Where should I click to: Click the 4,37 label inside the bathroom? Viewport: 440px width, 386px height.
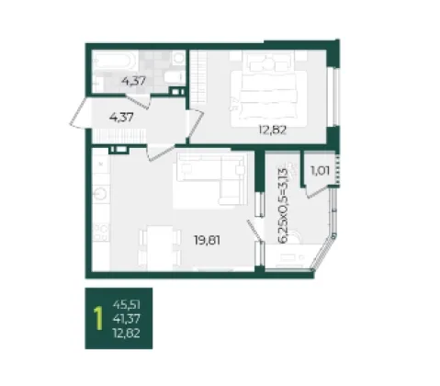pos(133,82)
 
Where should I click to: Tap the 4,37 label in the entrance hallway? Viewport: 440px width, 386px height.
pos(121,117)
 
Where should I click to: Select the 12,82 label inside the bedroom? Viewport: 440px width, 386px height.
pos(273,131)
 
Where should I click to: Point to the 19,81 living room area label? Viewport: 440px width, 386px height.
pos(207,240)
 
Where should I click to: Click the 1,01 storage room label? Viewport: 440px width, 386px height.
pos(320,171)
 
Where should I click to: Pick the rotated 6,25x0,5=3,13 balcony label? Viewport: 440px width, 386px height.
pos(283,206)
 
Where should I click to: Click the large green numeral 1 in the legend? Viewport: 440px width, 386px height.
pos(98,319)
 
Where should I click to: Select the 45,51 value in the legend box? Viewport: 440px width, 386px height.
pos(127,305)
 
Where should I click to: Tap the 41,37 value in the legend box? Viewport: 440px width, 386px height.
pos(127,319)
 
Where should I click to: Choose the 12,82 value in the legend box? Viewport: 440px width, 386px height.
pos(127,333)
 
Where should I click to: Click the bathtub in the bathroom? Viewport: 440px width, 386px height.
pos(114,61)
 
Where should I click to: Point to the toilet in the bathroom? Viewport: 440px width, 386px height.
pos(175,77)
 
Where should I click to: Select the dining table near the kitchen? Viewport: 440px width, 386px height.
pos(159,248)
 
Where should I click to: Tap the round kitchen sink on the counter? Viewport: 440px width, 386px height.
pos(100,193)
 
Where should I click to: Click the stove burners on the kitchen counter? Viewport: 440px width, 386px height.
pos(101,233)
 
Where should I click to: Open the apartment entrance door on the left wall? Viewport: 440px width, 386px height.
pos(78,111)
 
